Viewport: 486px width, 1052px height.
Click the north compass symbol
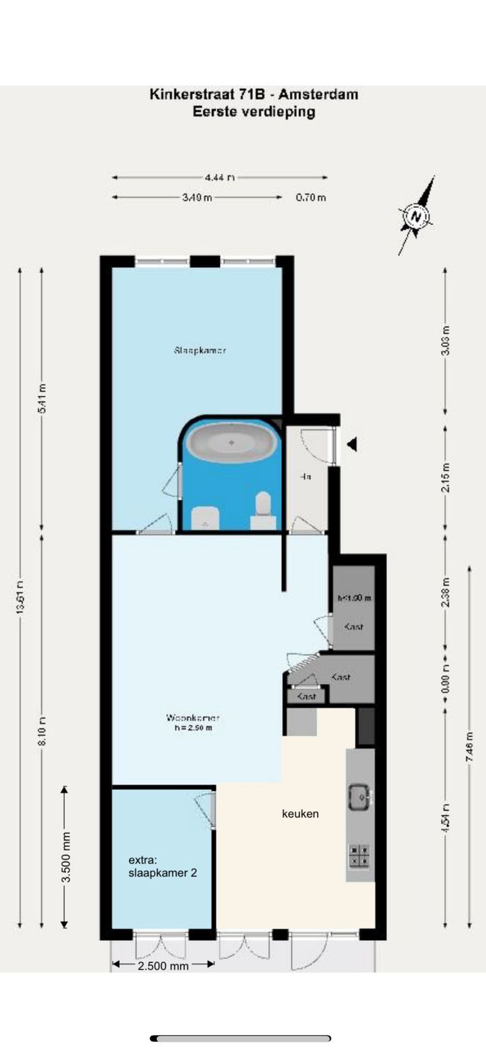click(416, 217)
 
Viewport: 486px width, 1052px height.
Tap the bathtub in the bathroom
click(232, 443)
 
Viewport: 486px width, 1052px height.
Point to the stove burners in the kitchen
click(360, 855)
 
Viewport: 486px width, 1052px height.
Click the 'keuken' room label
click(300, 814)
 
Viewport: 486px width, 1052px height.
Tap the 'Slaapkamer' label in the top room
click(200, 350)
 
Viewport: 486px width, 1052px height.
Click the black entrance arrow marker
click(351, 444)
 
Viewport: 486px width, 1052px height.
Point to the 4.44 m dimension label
click(220, 177)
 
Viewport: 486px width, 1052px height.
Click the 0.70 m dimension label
click(311, 198)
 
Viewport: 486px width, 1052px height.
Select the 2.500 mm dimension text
click(163, 966)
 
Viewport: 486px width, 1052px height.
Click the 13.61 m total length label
click(21, 597)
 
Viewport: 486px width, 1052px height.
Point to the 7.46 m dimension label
click(469, 747)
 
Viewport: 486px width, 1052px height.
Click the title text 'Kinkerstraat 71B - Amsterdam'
click(254, 94)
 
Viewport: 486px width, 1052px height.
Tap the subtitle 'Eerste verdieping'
click(254, 112)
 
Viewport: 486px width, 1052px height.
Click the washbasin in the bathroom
click(205, 519)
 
